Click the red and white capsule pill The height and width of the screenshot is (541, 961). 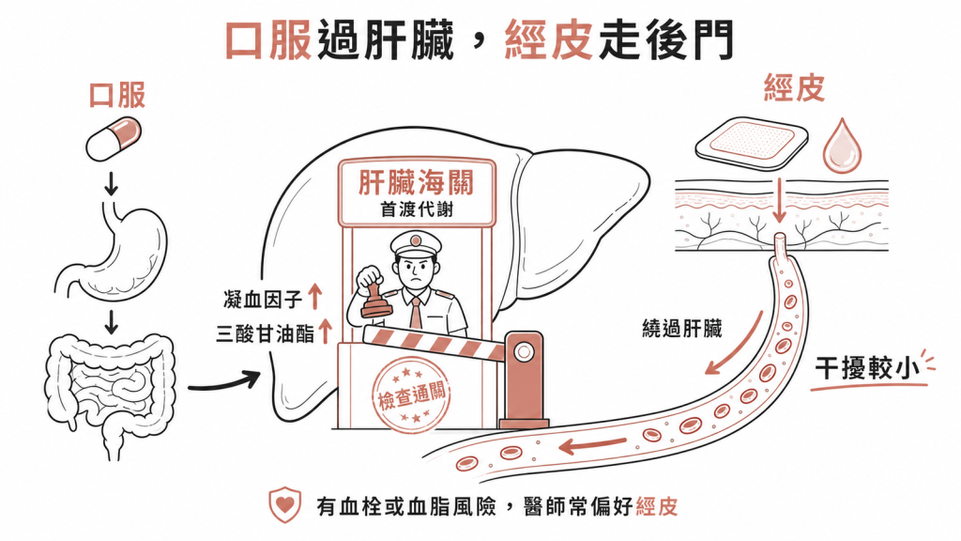click(114, 140)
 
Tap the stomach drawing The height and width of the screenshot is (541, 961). click(114, 253)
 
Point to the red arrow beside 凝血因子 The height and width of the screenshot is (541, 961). click(314, 296)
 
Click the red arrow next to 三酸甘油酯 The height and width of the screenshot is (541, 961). click(326, 331)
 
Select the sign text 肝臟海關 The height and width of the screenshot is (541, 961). click(416, 182)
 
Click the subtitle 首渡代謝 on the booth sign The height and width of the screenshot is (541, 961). click(417, 209)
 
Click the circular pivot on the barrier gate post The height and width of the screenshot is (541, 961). click(524, 352)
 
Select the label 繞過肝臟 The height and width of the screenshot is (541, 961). click(681, 329)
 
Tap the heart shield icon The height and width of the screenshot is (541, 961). click(285, 504)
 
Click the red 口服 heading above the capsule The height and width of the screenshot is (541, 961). click(117, 96)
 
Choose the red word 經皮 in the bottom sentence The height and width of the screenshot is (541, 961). click(656, 506)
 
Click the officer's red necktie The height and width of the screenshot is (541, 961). click(416, 313)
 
